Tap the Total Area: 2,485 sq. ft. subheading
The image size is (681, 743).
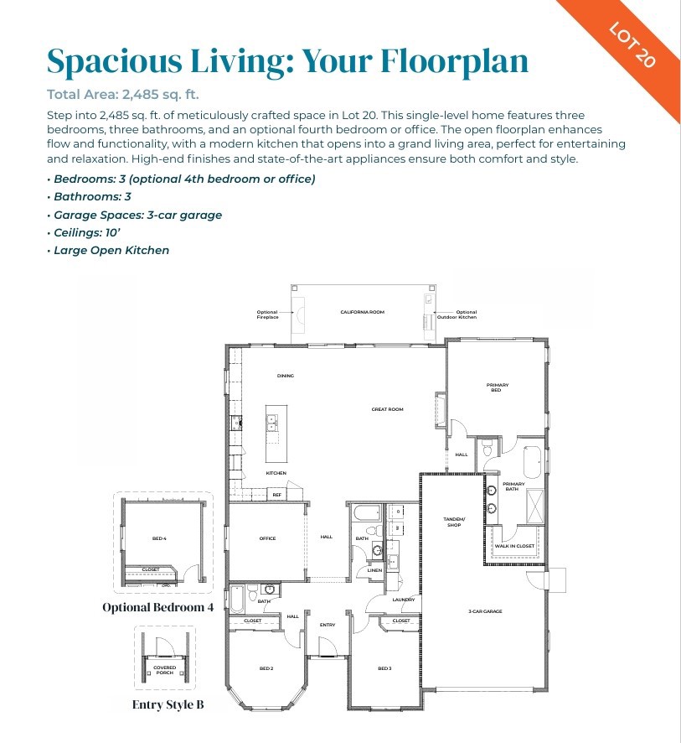(122, 94)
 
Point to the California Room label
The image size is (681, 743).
(362, 312)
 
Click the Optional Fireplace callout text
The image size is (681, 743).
(266, 314)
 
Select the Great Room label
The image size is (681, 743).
(388, 409)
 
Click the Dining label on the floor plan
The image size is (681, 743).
(286, 376)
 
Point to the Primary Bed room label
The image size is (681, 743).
(497, 387)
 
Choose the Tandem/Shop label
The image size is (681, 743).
(453, 522)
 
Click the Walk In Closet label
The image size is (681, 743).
(513, 546)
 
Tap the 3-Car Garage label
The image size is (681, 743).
(485, 611)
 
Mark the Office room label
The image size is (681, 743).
(267, 538)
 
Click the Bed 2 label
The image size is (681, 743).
(266, 668)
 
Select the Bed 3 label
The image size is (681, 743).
(384, 668)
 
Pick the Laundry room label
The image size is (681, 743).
(404, 600)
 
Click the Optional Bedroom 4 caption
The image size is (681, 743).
(157, 607)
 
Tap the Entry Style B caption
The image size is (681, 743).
(168, 704)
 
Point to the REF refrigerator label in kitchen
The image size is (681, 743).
(276, 495)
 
